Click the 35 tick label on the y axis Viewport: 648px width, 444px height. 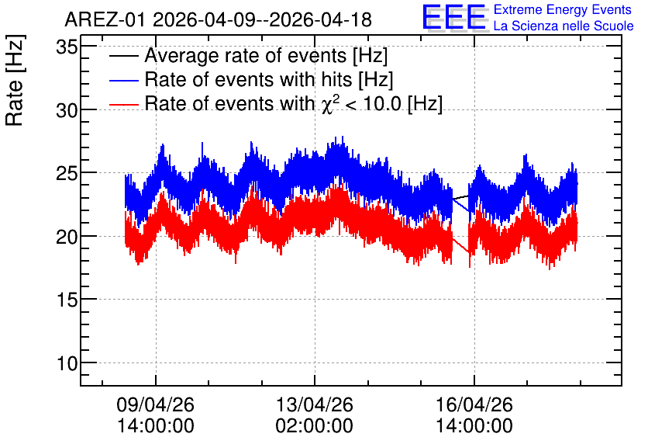click(67, 47)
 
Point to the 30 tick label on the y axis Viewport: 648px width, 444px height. click(67, 110)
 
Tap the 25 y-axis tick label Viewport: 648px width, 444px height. click(67, 174)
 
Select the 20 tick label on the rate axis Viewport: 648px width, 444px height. click(67, 237)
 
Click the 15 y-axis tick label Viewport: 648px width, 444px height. click(67, 300)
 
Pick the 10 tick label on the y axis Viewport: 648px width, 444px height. click(67, 364)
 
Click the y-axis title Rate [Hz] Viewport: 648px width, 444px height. click(15, 81)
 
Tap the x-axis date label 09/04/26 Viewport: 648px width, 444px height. click(155, 404)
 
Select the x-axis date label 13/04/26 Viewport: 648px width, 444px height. click(315, 404)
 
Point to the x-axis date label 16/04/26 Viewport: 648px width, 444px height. click(474, 404)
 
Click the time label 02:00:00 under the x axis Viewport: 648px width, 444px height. click(315, 425)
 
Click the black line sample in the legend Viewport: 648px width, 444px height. click(123, 56)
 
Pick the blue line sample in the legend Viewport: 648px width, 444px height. click(123, 80)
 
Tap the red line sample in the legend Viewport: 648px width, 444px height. click(123, 104)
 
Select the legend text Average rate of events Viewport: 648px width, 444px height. click(246, 56)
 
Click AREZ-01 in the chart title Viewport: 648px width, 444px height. click(105, 20)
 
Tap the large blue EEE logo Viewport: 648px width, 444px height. click(455, 17)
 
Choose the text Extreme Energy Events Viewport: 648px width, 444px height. click(563, 9)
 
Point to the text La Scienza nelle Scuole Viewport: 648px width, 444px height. click(564, 26)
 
